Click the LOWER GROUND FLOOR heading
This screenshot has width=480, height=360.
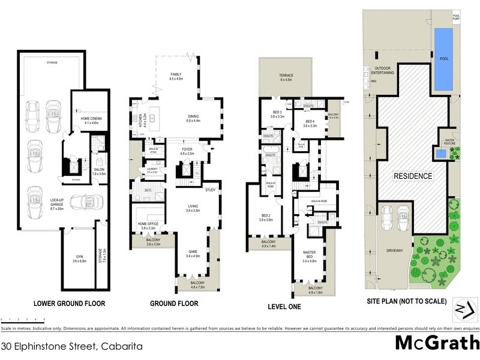(x=70, y=304)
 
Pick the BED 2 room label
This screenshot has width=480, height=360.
(x=266, y=218)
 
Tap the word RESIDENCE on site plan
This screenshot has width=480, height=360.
(x=413, y=176)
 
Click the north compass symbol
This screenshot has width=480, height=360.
(x=460, y=308)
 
